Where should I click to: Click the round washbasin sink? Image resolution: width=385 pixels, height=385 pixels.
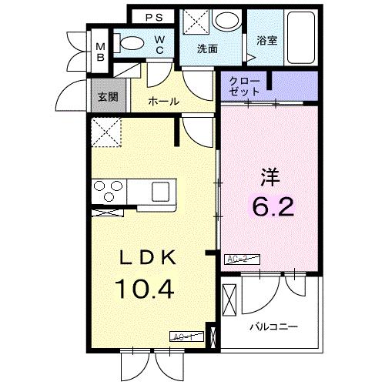pos(226,21)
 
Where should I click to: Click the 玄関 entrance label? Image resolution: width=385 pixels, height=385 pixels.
pos(106,97)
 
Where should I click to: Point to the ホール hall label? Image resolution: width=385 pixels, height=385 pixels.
pos(163,101)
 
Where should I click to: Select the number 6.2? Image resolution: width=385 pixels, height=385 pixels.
pos(273,207)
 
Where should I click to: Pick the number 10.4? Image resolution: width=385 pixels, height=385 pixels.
pos(145,290)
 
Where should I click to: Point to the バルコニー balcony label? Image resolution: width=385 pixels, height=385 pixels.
pos(273,326)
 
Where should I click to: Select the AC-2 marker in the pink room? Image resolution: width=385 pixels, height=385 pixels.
pos(239,259)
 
